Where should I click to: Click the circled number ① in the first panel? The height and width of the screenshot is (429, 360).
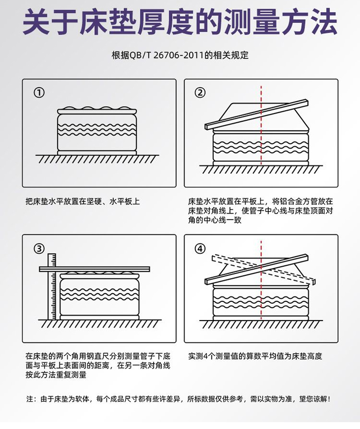[39, 93]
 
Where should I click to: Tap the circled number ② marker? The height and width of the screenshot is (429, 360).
[200, 93]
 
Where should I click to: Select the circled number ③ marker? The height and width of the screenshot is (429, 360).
[39, 249]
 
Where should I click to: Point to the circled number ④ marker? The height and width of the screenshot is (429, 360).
[200, 249]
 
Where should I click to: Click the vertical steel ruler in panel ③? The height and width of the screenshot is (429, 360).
[51, 286]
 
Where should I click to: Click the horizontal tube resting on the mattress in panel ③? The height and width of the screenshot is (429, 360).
[94, 269]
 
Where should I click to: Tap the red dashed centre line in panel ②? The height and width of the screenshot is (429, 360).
[261, 125]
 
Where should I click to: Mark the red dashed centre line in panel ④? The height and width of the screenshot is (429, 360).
[261, 280]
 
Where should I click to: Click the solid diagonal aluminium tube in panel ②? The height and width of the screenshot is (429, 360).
[257, 114]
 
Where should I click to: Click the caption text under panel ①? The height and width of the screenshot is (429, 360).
[82, 202]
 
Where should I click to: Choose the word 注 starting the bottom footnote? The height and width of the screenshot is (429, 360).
[30, 399]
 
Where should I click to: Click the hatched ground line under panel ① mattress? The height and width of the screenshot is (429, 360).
[97, 159]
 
